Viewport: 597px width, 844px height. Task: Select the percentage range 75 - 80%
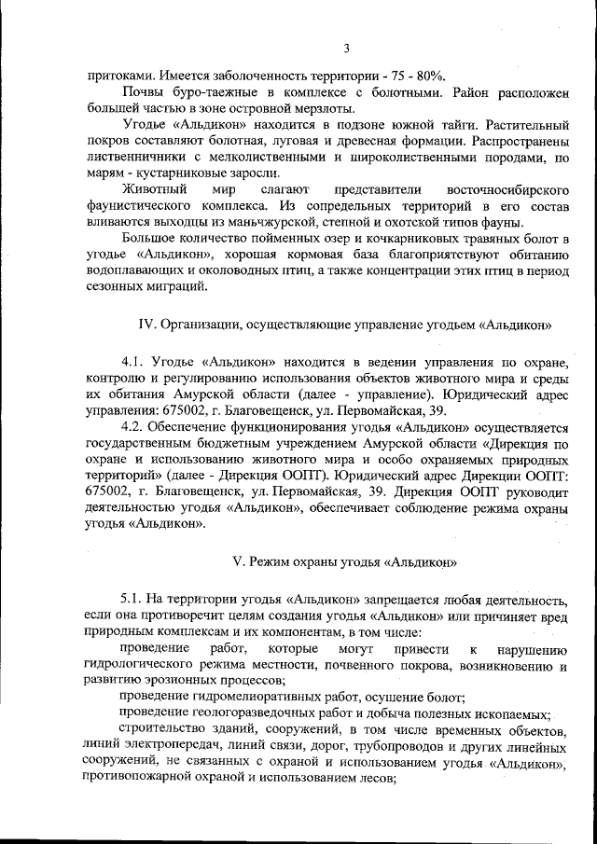414,76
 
